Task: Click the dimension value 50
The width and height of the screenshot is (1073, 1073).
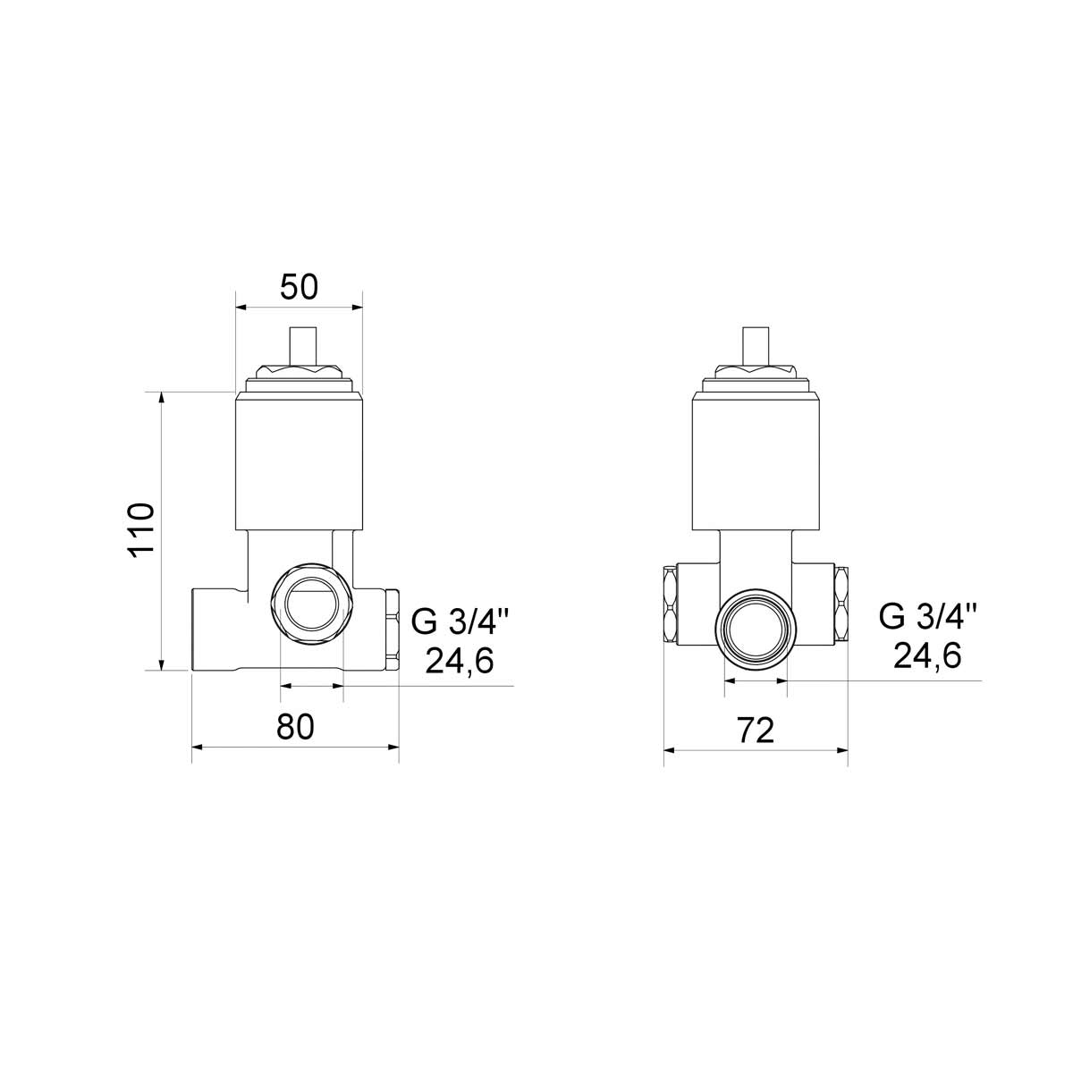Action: pos(299,287)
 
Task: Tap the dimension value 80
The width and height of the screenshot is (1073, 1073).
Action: pos(295,727)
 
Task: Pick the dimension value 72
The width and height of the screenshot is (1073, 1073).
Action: pos(756,731)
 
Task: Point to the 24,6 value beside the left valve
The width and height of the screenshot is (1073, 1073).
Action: pos(460,661)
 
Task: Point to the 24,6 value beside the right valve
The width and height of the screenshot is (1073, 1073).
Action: pos(927,656)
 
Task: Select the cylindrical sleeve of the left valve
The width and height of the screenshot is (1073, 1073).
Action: pos(299,460)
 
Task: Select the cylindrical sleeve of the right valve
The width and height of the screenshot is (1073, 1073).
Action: pos(756,460)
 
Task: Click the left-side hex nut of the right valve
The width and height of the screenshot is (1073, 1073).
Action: pos(670,604)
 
